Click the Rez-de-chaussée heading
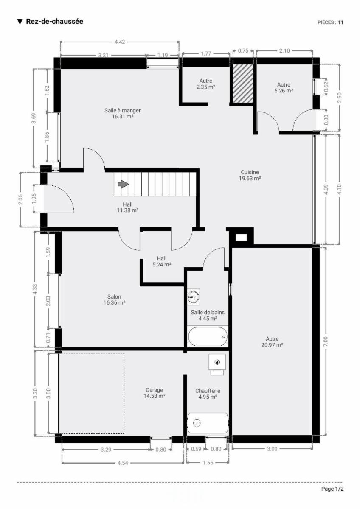pyautogui.click(x=55, y=21)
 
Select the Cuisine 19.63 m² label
pyautogui.click(x=250, y=175)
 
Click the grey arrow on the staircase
pyautogui.click(x=123, y=184)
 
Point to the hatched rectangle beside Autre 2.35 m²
pyautogui.click(x=243, y=84)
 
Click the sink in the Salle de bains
pyautogui.click(x=194, y=297)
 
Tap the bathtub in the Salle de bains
pyautogui.click(x=208, y=336)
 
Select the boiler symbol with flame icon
pyautogui.click(x=217, y=364)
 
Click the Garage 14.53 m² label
pyautogui.click(x=154, y=393)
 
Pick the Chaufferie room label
pyautogui.click(x=208, y=391)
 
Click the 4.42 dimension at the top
pyautogui.click(x=120, y=42)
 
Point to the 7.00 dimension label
pyautogui.click(x=326, y=341)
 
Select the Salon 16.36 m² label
pyautogui.click(x=114, y=299)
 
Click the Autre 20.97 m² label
pyautogui.click(x=272, y=342)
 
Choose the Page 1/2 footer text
pyautogui.click(x=332, y=489)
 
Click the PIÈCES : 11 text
pyautogui.click(x=330, y=22)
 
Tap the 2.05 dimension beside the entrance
pyautogui.click(x=20, y=199)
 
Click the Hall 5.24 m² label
pyautogui.click(x=162, y=261)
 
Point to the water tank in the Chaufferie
pyautogui.click(x=208, y=423)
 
